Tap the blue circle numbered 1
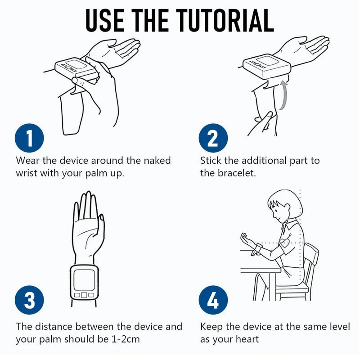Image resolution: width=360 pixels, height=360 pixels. click(x=29, y=138)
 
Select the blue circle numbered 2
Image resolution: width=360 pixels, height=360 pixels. click(x=213, y=138)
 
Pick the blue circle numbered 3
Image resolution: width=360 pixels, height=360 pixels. click(x=29, y=300)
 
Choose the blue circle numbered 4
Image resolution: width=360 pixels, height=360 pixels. click(x=213, y=300)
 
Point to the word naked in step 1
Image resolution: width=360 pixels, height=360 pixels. click(x=157, y=161)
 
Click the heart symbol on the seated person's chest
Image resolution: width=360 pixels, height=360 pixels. click(x=284, y=243)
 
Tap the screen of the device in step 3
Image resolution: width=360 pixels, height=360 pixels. click(x=84, y=280)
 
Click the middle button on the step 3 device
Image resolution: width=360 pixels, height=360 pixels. click(x=84, y=295)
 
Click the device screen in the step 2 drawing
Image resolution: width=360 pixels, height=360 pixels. click(x=267, y=61)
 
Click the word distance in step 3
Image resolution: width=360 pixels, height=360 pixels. click(x=53, y=327)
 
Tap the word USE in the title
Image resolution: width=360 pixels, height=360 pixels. click(x=105, y=20)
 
